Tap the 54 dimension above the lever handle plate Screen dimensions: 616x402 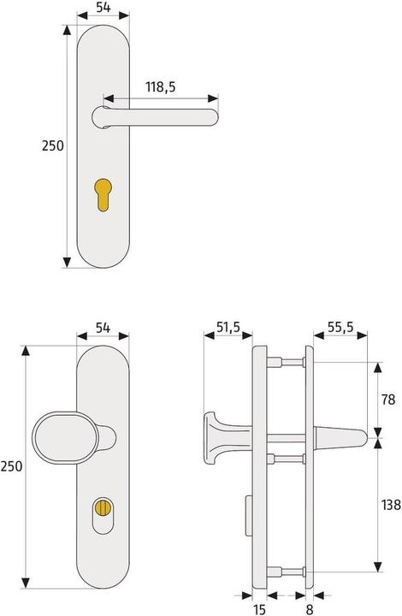[x=103, y=8]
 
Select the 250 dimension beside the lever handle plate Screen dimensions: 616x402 [x=53, y=146]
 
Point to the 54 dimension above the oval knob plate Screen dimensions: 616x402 [x=103, y=328]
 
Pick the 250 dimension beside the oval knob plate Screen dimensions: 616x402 [x=12, y=466]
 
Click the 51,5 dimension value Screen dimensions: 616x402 [x=228, y=327]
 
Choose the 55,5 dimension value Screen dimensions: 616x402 [x=340, y=327]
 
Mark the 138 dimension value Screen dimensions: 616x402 [x=390, y=506]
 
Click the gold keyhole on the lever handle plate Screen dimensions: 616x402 [x=103, y=191]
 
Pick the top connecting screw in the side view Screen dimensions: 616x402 [x=287, y=362]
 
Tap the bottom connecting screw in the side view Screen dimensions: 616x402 [x=287, y=572]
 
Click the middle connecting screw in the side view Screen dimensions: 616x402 [x=287, y=460]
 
